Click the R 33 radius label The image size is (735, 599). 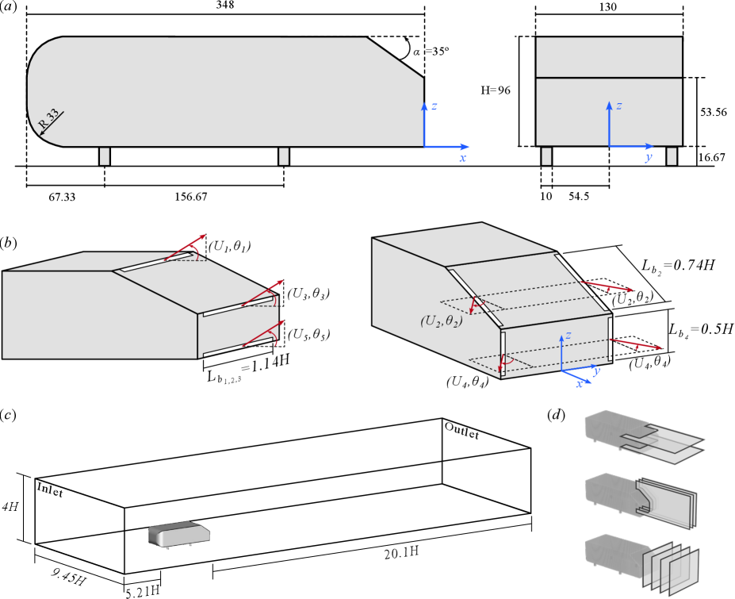pos(49,121)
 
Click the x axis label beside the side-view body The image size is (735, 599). pos(462,159)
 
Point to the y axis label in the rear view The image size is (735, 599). pos(649,157)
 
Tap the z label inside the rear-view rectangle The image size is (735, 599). pos(619,106)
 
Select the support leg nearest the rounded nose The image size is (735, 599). pos(104,156)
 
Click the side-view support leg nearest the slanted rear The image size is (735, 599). pos(284,156)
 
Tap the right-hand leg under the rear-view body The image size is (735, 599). pos(672,156)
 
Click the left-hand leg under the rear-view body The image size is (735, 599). pos(546,156)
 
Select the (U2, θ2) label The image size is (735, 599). pos(441,321)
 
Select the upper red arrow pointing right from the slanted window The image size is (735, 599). pos(607,286)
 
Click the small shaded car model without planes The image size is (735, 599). pos(179,534)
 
